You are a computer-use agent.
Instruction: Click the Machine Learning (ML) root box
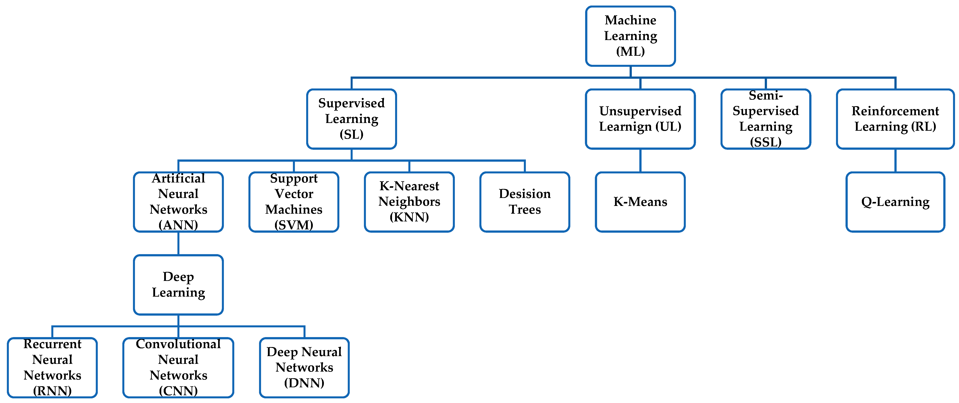630,36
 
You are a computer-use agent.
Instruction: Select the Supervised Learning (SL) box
352,119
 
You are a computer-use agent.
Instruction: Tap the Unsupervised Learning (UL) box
640,119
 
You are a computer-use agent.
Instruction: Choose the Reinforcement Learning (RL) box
895,119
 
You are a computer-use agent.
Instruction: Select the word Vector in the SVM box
294,194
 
